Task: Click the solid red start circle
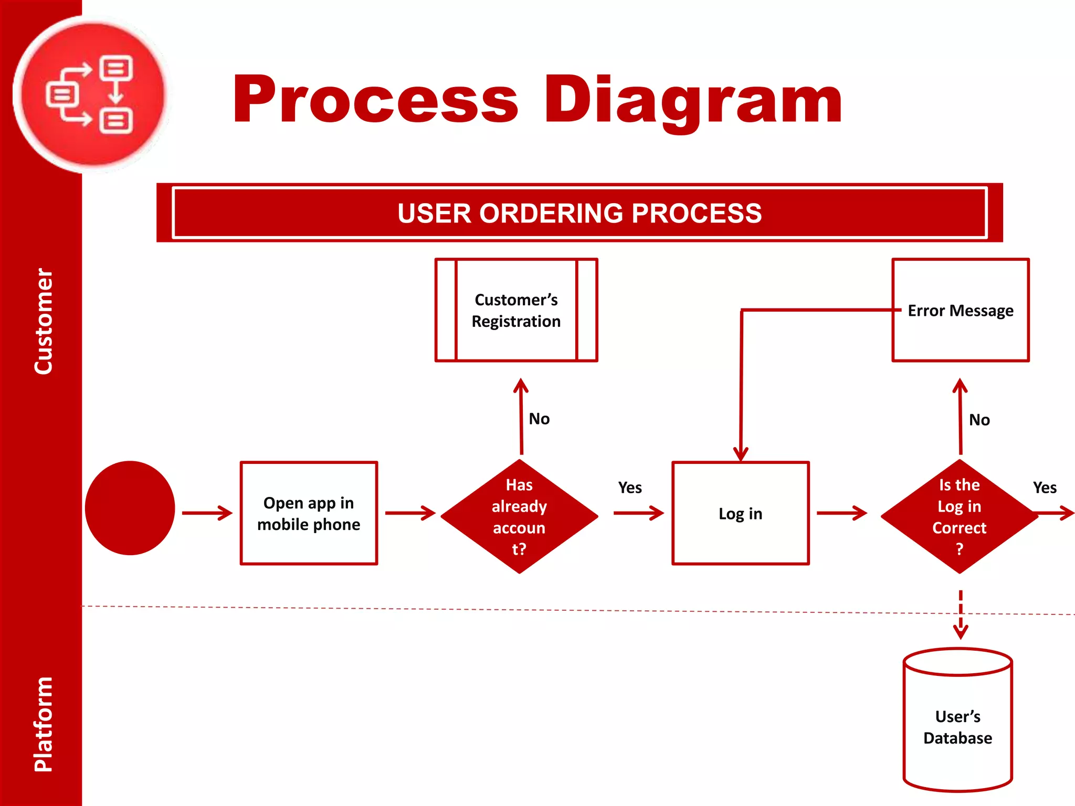(130, 508)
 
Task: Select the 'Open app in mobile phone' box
(309, 513)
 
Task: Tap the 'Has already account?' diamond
(519, 516)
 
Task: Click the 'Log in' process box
(740, 513)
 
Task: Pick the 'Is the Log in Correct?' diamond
(959, 516)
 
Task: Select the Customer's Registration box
(516, 310)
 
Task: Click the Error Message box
(960, 310)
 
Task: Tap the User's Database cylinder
(957, 727)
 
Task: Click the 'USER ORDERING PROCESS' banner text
(579, 213)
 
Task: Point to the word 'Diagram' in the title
(693, 100)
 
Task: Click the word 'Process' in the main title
(375, 100)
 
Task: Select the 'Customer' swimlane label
(43, 321)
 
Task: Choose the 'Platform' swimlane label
(43, 724)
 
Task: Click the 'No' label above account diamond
(539, 419)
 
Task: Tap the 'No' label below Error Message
(979, 420)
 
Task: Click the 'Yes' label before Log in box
(629, 487)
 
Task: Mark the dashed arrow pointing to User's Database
(960, 614)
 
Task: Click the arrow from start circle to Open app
(207, 513)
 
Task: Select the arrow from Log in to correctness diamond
(841, 513)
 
